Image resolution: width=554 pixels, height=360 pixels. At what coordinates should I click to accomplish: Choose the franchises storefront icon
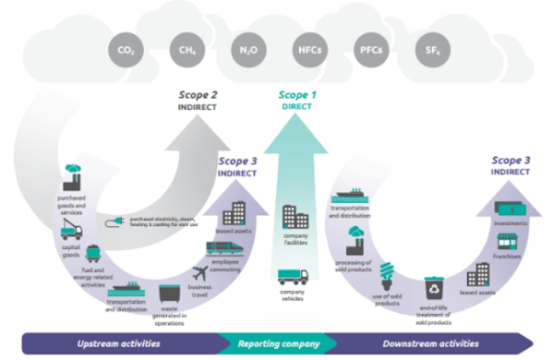[504, 242]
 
